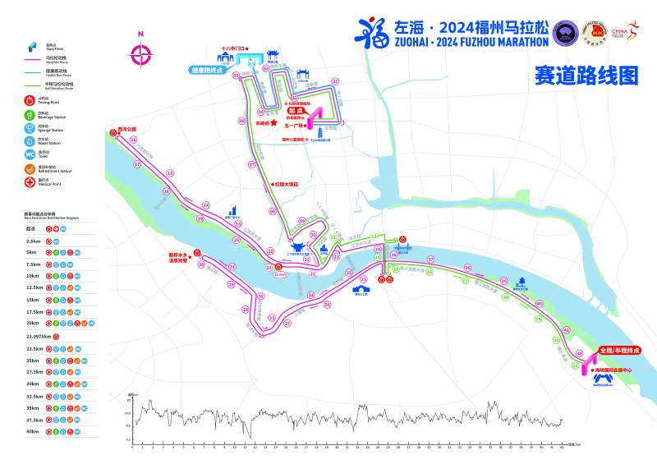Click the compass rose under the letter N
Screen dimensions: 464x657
(x=141, y=55)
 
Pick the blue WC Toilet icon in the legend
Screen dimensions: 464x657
(x=30, y=154)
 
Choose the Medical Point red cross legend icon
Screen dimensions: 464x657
(x=30, y=181)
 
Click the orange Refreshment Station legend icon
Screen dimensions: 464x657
(x=30, y=168)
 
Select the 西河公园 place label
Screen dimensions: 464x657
(x=126, y=129)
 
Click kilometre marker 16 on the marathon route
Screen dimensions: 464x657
(x=133, y=140)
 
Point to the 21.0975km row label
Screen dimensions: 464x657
(x=39, y=336)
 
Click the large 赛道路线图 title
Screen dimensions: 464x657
(x=586, y=76)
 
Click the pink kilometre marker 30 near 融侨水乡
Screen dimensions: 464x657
(x=201, y=264)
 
